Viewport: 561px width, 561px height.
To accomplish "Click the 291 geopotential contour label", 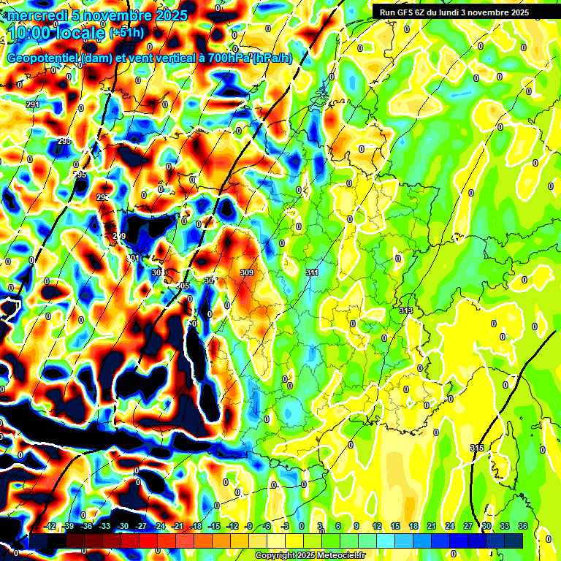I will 33,105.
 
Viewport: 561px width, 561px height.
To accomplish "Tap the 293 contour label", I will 64,141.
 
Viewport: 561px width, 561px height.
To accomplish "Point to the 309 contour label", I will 246,272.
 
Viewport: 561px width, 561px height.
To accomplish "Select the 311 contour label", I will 312,272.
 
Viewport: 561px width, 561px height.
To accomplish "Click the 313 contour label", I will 406,310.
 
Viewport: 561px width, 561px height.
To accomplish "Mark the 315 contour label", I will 477,448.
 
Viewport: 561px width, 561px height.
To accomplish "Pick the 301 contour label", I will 133,259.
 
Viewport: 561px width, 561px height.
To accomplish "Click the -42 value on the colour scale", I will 50,526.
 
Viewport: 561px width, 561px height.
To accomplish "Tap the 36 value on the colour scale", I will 523,526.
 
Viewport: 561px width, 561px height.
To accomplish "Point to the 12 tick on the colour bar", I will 377,526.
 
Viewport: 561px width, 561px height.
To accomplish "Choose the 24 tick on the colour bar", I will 450,526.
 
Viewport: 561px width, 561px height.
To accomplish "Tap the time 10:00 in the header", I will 30,32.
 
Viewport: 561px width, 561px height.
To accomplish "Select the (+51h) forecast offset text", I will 126,33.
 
